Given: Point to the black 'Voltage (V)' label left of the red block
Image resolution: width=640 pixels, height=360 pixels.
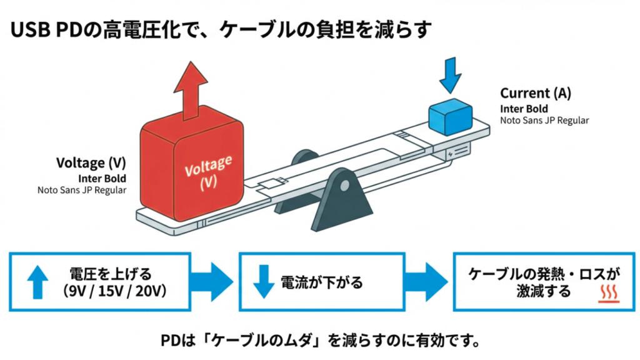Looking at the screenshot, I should click(91, 163).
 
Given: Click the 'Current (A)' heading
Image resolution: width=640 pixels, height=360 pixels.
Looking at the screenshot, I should click(535, 94).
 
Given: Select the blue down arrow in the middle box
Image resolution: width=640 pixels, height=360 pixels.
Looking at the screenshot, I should click(263, 282).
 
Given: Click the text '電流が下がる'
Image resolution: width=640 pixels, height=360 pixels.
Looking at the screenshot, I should click(321, 282).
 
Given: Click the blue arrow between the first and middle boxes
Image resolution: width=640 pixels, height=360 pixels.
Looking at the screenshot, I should click(213, 282).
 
